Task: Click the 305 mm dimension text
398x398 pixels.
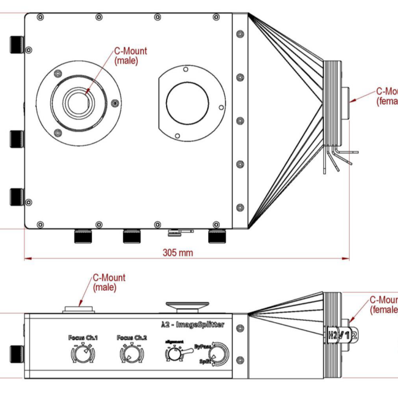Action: (178, 252)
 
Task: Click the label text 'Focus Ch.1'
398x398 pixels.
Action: (83, 338)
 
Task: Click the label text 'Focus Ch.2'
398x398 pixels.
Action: (132, 338)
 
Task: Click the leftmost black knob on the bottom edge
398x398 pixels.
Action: (82, 236)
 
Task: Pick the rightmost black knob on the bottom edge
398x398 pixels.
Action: (216, 236)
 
